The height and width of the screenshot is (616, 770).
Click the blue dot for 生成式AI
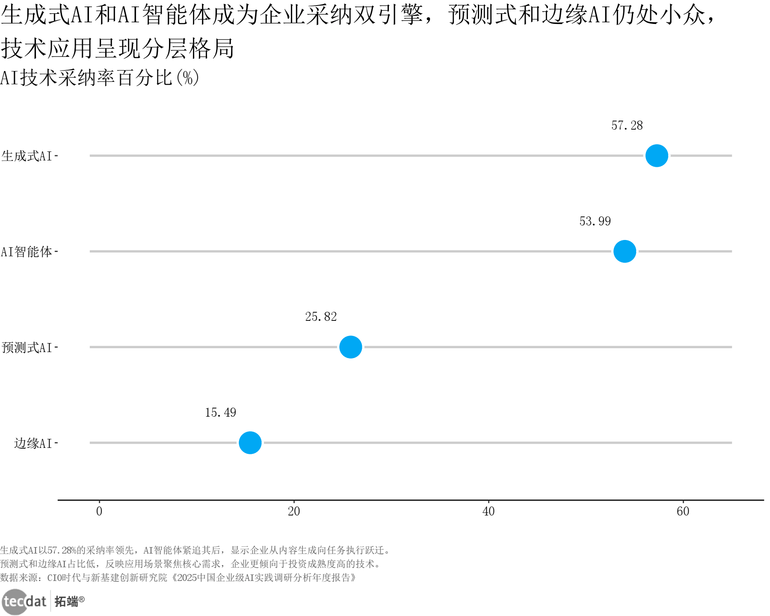pyautogui.click(x=657, y=156)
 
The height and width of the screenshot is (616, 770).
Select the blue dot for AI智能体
pyautogui.click(x=625, y=252)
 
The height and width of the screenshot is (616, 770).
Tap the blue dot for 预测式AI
pyautogui.click(x=351, y=347)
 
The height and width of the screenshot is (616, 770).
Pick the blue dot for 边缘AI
pyautogui.click(x=250, y=443)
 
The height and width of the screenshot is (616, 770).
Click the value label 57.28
pyautogui.click(x=627, y=125)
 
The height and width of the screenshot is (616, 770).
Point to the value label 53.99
pyautogui.click(x=595, y=221)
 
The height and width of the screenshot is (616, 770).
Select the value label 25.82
pyautogui.click(x=321, y=317)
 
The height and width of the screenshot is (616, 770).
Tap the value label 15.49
pyautogui.click(x=220, y=412)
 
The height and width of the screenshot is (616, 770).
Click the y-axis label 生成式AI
pyautogui.click(x=27, y=156)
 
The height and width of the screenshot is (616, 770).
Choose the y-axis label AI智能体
pyautogui.click(x=27, y=252)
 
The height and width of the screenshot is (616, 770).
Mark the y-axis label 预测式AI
pyautogui.click(x=27, y=347)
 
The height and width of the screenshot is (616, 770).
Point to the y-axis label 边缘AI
pyautogui.click(x=33, y=443)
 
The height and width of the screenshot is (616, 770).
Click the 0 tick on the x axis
pyautogui.click(x=99, y=511)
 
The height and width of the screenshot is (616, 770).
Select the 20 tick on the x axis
pyautogui.click(x=294, y=511)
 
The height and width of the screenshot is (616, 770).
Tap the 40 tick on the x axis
pyautogui.click(x=489, y=511)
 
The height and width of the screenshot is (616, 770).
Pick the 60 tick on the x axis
pyautogui.click(x=683, y=511)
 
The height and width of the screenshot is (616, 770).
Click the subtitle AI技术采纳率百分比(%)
pyautogui.click(x=100, y=78)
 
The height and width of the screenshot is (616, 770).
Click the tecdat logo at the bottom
pyautogui.click(x=24, y=601)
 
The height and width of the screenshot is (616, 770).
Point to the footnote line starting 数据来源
pyautogui.click(x=178, y=578)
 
